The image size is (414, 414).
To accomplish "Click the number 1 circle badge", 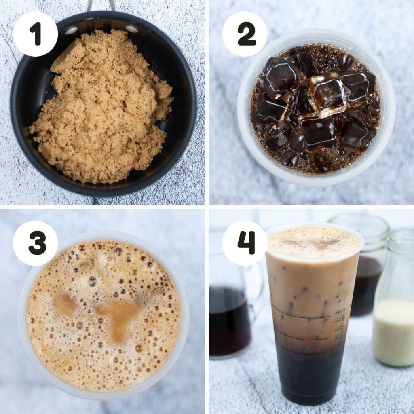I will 35,34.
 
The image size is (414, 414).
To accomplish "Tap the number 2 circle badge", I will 245,34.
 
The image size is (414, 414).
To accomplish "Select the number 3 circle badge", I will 35,243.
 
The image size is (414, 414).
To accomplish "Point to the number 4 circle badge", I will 245,243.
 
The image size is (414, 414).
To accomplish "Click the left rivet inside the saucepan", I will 71,30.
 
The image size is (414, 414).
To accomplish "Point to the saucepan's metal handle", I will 101,5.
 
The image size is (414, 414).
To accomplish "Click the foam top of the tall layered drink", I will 313,243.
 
